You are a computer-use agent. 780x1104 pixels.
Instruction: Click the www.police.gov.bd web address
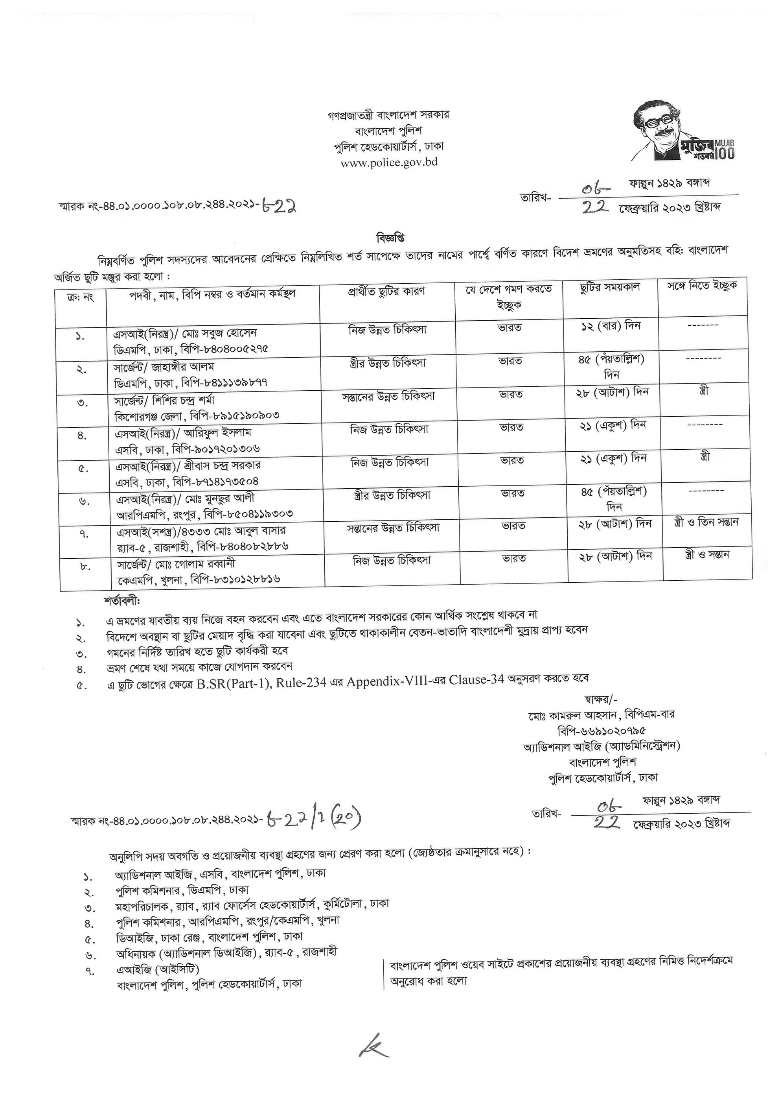[x=389, y=162]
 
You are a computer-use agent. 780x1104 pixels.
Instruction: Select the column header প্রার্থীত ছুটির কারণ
[x=386, y=292]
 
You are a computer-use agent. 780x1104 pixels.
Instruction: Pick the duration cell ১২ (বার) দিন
[x=610, y=326]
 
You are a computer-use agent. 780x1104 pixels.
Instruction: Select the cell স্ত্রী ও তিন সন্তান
[x=706, y=522]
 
